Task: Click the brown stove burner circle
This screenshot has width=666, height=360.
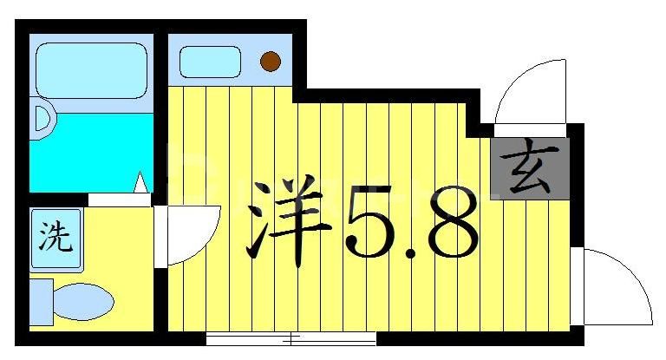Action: (x=271, y=61)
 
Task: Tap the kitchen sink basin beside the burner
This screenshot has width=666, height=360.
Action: (x=209, y=62)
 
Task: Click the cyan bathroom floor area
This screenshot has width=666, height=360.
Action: (x=87, y=156)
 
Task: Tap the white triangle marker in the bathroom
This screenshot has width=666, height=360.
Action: (x=140, y=183)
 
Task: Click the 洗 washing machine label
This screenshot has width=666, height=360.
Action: (x=54, y=238)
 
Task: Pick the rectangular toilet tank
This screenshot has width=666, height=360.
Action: (x=39, y=302)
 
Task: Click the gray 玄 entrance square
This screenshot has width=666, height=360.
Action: (x=530, y=167)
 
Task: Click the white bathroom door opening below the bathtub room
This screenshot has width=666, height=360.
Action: (x=120, y=200)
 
